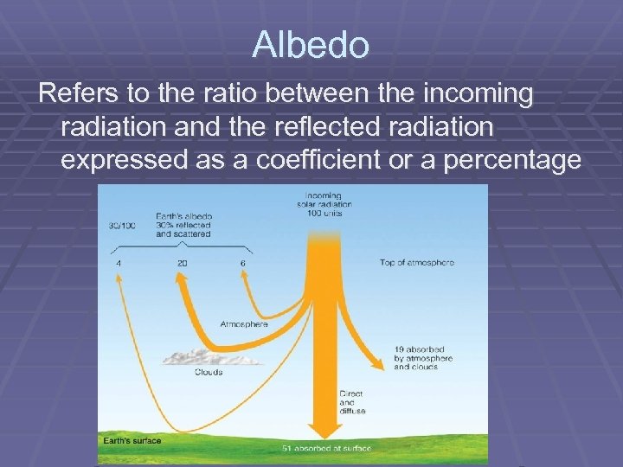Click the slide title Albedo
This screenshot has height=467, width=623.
pyautogui.click(x=311, y=44)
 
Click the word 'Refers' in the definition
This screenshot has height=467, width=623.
pyautogui.click(x=76, y=93)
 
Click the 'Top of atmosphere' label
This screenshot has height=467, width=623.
pyautogui.click(x=417, y=262)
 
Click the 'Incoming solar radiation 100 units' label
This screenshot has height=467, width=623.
pyautogui.click(x=324, y=204)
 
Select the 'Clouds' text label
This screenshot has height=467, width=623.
pyautogui.click(x=207, y=373)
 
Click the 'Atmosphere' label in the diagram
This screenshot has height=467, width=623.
pyautogui.click(x=243, y=324)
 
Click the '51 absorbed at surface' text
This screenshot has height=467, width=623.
pyautogui.click(x=326, y=448)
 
